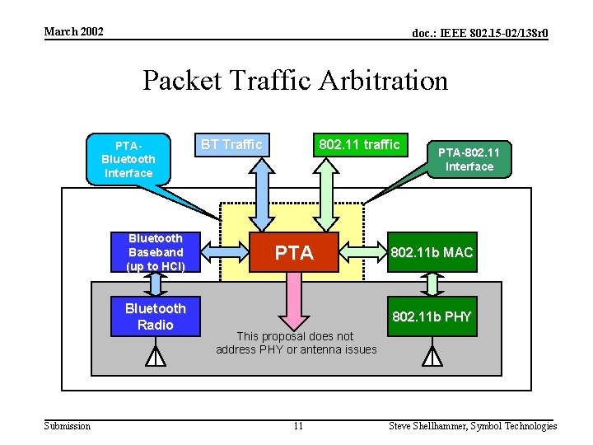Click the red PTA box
click(294, 252)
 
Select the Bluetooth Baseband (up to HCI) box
click(155, 252)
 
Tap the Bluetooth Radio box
click(155, 316)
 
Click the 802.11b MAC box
click(432, 252)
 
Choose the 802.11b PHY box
click(432, 316)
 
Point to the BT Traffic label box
click(231, 145)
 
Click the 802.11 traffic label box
click(359, 145)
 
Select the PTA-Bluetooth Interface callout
click(128, 160)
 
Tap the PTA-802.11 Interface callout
click(469, 159)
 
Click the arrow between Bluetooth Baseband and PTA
click(225, 252)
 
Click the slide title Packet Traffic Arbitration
click(295, 81)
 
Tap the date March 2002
click(73, 31)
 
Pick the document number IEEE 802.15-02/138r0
click(480, 33)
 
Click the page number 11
click(298, 426)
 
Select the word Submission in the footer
click(67, 426)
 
